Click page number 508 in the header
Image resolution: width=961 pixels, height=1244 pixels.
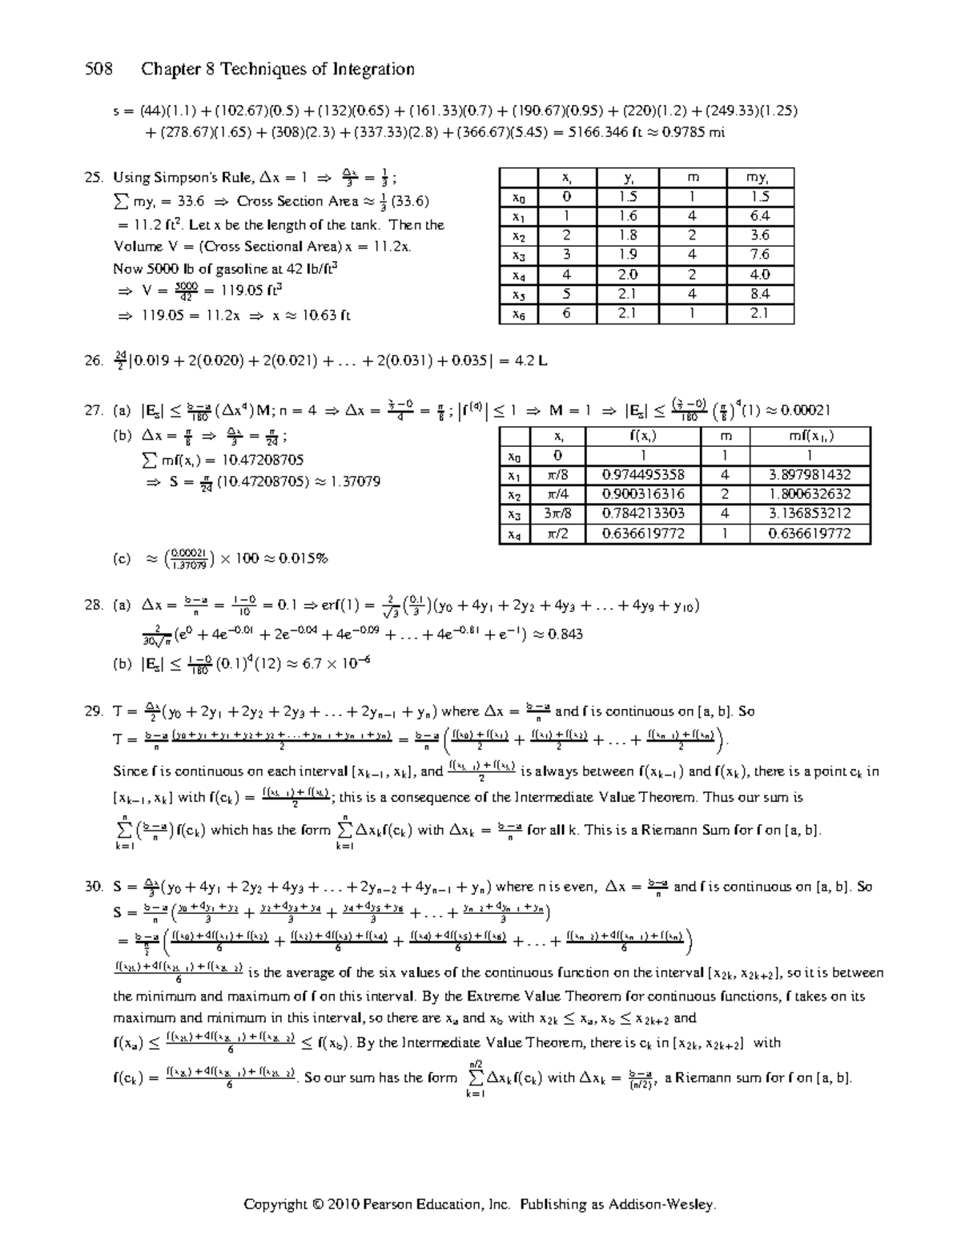coord(100,70)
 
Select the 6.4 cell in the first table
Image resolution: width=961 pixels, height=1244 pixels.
coord(760,216)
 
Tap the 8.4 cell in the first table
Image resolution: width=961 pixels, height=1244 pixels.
coord(760,294)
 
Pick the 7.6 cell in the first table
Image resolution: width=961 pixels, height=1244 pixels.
coord(760,255)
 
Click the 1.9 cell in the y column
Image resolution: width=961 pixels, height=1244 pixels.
coord(628,255)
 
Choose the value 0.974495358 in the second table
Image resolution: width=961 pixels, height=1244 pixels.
coord(642,475)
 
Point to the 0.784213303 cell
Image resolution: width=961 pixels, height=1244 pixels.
coord(642,513)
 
